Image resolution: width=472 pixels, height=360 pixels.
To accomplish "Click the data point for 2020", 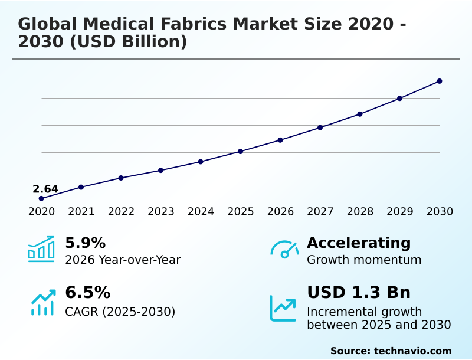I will tap(41, 198).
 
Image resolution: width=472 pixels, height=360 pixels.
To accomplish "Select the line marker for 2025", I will tap(241, 152).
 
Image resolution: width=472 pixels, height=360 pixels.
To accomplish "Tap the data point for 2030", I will tap(440, 81).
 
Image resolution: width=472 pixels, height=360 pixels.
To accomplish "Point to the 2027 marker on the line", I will tap(320, 127).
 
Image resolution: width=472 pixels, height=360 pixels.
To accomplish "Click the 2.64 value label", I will tap(45, 189).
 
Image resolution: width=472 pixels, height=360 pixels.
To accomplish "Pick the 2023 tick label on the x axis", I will tap(161, 212).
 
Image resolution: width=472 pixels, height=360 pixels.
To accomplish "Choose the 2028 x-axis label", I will tap(360, 212).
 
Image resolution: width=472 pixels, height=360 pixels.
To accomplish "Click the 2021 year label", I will tap(81, 212).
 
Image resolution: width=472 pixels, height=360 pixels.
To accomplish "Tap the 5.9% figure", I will tap(85, 243).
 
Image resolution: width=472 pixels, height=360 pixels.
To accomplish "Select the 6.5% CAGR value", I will tap(87, 293).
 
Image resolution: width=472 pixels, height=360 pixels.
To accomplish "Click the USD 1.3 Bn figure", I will tap(359, 293).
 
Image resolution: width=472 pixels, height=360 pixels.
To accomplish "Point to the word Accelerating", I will tap(359, 243).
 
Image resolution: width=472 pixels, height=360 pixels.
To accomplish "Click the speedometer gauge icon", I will tap(284, 250).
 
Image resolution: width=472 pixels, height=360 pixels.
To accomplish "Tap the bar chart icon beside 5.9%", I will tap(41, 249).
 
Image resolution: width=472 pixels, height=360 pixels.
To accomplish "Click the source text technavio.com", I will tap(412, 351).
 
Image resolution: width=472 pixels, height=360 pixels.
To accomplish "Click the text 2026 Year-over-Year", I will tap(123, 260).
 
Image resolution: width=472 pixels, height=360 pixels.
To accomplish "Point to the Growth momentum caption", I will tap(364, 260).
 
